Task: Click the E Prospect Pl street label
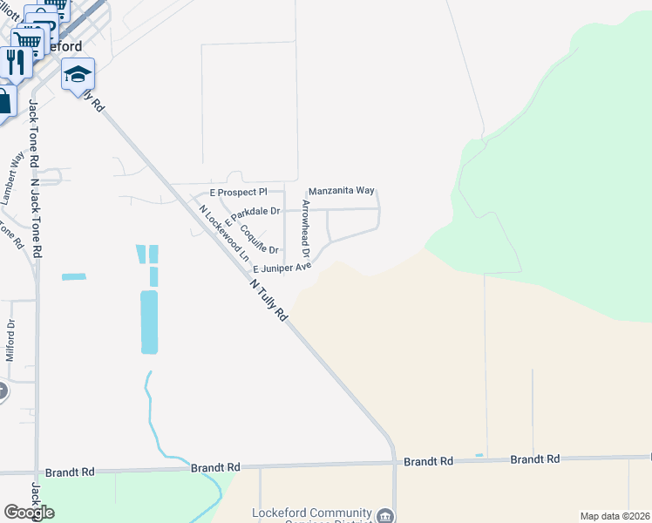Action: pos(239,192)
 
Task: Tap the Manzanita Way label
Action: pos(341,190)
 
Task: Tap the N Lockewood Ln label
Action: pos(223,233)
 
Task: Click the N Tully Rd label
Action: pos(268,301)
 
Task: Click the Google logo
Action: pos(29,513)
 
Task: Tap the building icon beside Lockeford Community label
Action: pos(384,516)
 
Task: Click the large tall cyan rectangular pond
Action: pos(149,322)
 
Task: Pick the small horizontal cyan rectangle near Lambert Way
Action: pos(74,277)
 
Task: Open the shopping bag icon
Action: pos(4,101)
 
